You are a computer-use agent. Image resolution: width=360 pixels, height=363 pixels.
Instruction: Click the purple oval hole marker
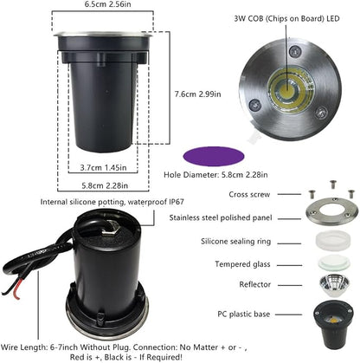214,157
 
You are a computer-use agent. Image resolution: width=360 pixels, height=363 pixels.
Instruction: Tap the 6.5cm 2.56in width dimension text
107,4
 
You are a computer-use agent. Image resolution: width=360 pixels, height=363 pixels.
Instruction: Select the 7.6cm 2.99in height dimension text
198,94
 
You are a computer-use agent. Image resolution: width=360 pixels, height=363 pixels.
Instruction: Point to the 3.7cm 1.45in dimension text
103,167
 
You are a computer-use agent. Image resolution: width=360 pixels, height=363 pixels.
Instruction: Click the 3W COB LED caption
286,19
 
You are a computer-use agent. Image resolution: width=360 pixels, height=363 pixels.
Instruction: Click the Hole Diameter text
215,175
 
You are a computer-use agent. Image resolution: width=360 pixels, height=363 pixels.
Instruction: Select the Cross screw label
249,194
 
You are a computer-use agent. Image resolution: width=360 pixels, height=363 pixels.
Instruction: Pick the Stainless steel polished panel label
221,217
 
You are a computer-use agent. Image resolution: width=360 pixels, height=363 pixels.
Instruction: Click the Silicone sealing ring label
236,242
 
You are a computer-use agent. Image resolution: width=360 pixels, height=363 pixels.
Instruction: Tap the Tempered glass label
242,264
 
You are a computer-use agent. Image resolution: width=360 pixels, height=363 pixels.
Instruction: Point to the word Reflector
255,284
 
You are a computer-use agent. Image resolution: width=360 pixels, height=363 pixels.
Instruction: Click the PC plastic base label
244,314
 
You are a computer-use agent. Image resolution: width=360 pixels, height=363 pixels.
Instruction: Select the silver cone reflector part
334,285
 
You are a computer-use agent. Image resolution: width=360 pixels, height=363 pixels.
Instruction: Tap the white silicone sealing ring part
333,241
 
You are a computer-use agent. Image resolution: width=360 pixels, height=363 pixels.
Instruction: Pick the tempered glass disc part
334,263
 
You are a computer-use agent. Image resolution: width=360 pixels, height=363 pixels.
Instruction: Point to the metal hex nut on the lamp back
109,226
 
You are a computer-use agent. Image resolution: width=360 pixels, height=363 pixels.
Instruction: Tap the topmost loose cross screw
333,185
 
